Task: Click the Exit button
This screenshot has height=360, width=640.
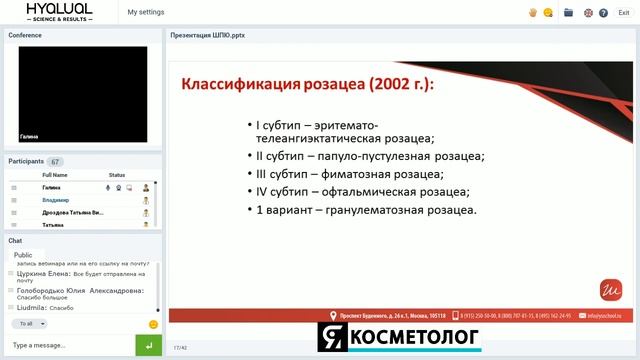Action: pos(623,12)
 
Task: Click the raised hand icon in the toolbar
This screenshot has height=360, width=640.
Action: pos(533,12)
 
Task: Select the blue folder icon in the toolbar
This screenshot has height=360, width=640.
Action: pos(568,12)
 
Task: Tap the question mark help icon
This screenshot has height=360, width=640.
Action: pos(604,12)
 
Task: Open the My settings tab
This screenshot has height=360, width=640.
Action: pos(146,12)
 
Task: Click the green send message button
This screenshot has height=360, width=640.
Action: pos(148,345)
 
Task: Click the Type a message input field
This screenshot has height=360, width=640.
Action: pos(68,345)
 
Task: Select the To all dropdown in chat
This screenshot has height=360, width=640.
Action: pos(29,324)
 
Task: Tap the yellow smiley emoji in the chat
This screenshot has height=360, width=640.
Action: pos(153,324)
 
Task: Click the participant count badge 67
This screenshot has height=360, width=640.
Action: pos(55,161)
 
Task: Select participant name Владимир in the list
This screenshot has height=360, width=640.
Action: pos(55,200)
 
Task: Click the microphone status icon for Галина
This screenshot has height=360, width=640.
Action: pos(107,187)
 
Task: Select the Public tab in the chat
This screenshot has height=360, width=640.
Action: pos(23,255)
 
